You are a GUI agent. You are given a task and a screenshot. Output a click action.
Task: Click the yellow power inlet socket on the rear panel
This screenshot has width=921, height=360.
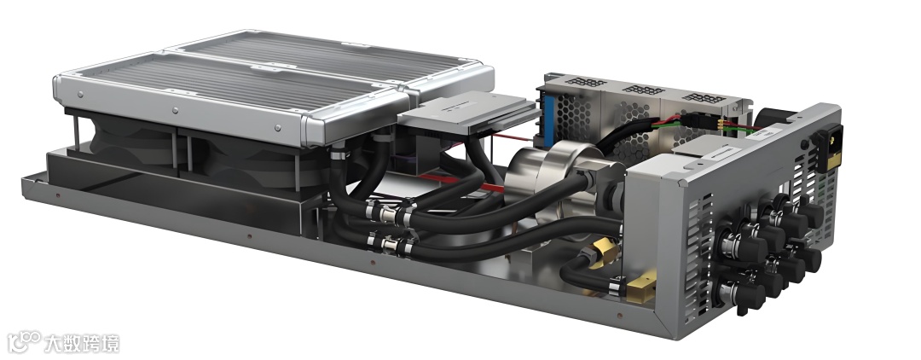pyautogui.click(x=828, y=148)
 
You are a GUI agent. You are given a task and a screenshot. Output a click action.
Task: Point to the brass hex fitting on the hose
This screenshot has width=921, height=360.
pyautogui.click(x=605, y=252)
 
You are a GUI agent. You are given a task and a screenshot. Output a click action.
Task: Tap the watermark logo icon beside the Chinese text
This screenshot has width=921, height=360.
pyautogui.click(x=24, y=340)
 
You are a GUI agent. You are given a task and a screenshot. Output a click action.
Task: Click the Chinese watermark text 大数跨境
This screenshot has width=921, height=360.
pyautogui.click(x=82, y=343)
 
